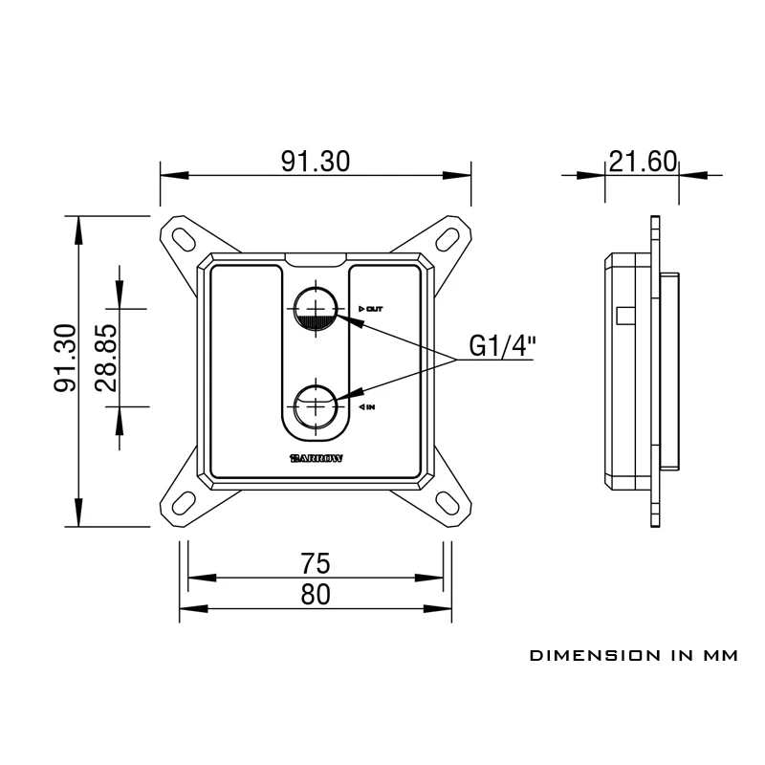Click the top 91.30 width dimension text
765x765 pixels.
tap(315, 162)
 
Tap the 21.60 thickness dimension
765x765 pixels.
tap(642, 162)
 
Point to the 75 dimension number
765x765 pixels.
tap(316, 564)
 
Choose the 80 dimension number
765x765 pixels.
tap(316, 595)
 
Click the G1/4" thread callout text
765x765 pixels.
tap(502, 346)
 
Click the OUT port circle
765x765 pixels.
tap(315, 308)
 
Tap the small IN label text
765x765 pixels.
tap(368, 407)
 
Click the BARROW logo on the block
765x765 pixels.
tap(316, 457)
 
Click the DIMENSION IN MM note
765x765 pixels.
tap(634, 656)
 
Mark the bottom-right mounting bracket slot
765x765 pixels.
tap(448, 502)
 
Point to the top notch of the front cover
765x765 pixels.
tap(316, 259)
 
